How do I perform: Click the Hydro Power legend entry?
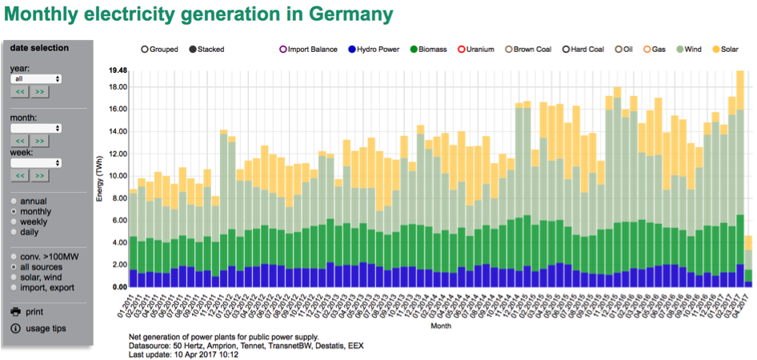tap(373, 49)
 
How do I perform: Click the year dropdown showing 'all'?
tap(36, 79)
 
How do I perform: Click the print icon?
tap(16, 311)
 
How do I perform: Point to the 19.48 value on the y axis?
tap(118, 70)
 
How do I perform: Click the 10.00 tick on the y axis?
tap(118, 176)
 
